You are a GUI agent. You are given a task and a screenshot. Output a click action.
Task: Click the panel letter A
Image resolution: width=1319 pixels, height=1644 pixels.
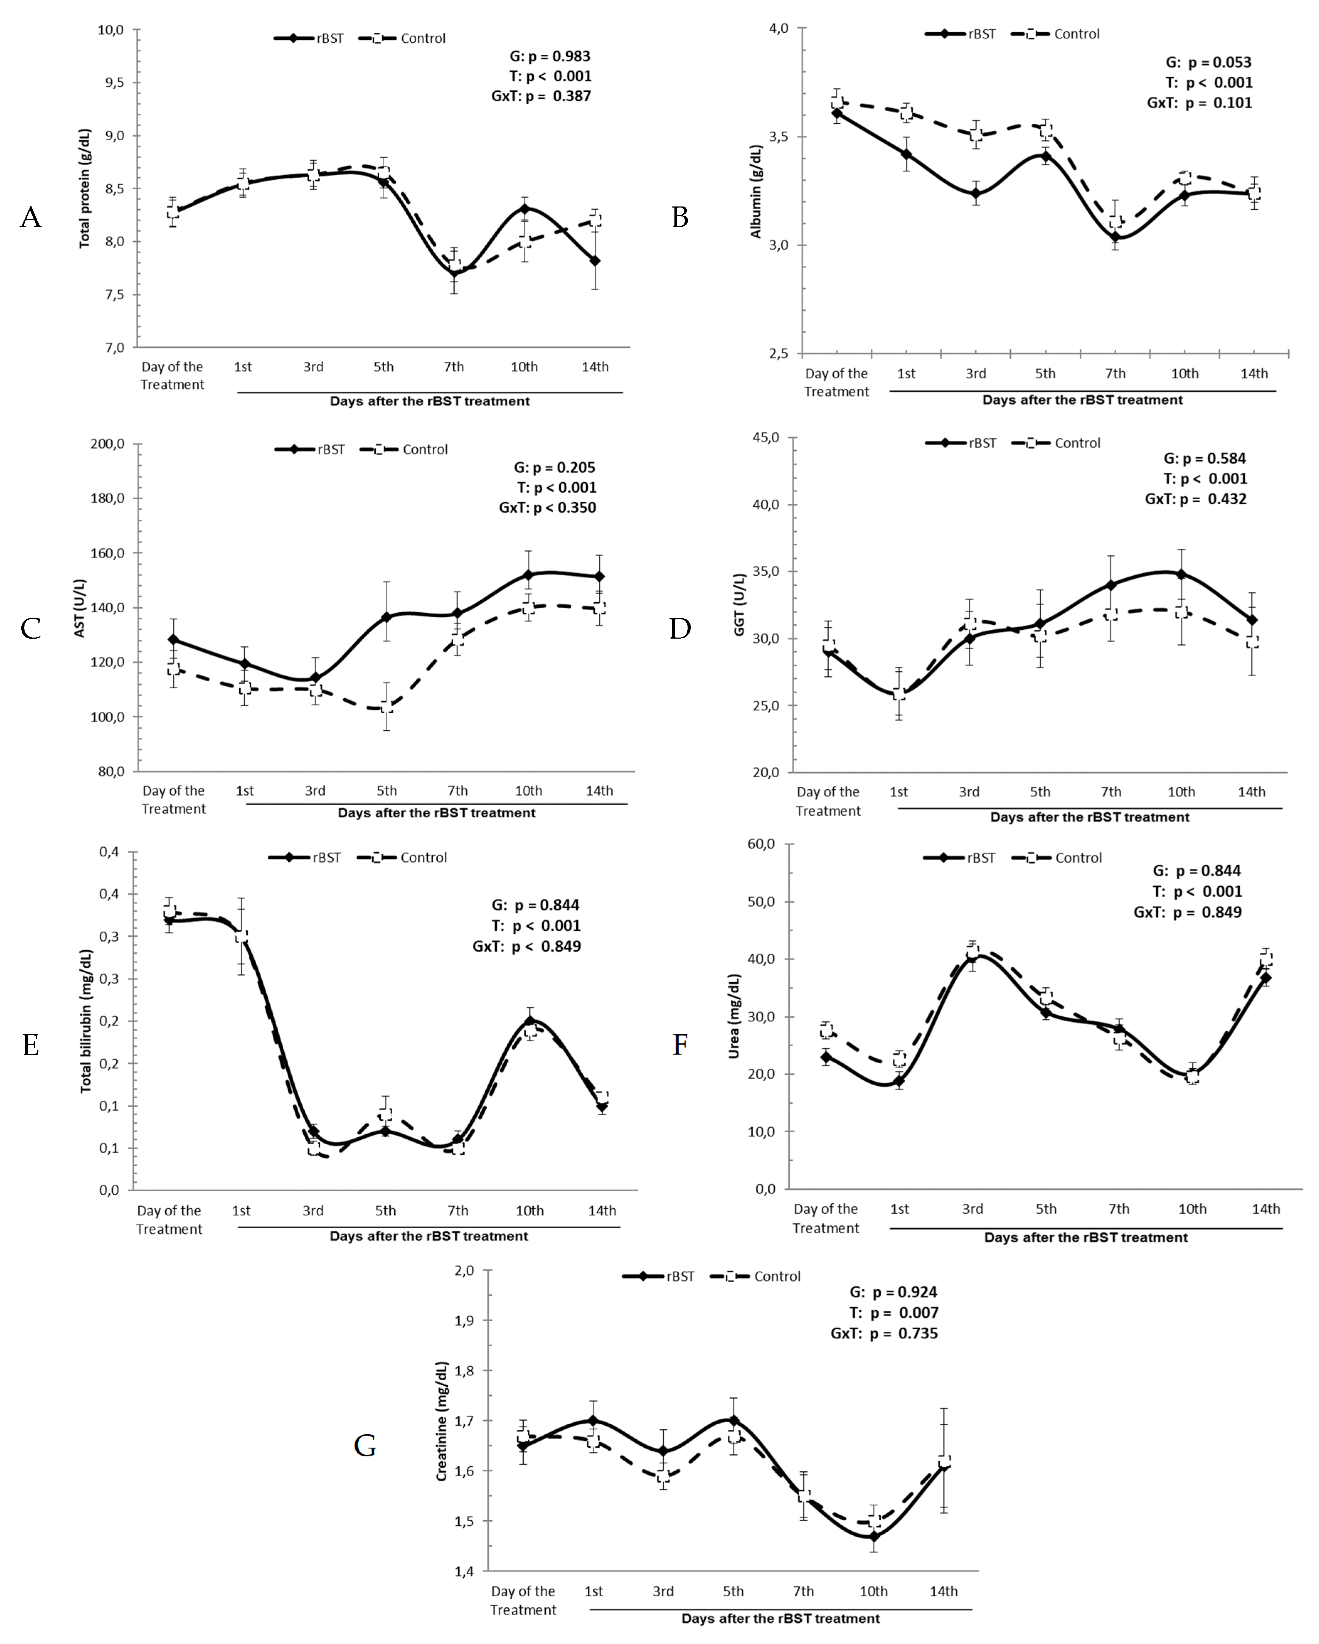coord(31,218)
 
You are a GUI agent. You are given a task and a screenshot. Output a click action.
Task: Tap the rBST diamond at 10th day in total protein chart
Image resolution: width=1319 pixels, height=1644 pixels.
coord(525,209)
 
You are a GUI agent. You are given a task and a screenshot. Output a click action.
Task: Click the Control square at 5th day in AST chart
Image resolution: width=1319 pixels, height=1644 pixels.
coord(387,706)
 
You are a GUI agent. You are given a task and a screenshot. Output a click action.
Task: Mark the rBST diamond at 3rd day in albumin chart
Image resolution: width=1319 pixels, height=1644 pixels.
coord(976,193)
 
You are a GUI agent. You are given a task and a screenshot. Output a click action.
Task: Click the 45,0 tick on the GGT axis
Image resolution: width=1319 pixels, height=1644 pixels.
coord(764,438)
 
